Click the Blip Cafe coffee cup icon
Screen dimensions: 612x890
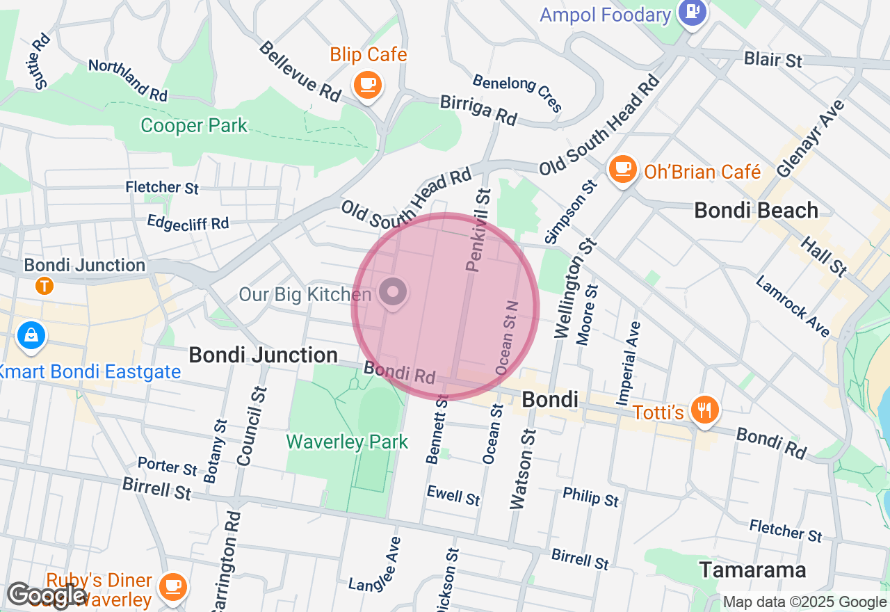click(x=368, y=86)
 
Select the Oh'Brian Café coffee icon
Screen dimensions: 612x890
click(x=622, y=168)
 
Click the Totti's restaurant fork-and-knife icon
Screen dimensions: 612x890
click(x=705, y=410)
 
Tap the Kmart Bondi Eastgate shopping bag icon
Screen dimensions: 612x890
click(x=31, y=337)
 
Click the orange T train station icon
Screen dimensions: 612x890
click(x=44, y=285)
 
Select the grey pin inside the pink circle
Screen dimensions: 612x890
click(x=393, y=292)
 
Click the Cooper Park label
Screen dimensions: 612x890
click(x=194, y=126)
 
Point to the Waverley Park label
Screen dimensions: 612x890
click(x=347, y=442)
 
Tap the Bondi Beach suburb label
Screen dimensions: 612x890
click(x=756, y=210)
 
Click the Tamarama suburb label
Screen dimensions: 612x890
click(x=752, y=570)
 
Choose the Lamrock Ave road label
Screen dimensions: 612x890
click(x=793, y=307)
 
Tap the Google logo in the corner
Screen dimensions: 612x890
click(x=47, y=595)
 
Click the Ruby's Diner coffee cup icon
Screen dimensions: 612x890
click(x=172, y=586)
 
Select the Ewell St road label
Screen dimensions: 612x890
click(x=453, y=496)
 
